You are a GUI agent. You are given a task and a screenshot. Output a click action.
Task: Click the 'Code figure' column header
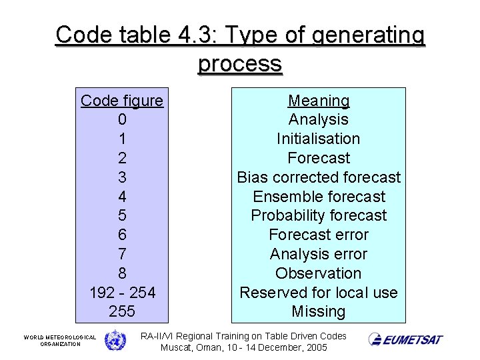click(121, 101)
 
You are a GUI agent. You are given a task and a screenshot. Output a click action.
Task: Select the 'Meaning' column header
click(319, 101)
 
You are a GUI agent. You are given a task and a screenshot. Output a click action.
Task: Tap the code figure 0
click(121, 120)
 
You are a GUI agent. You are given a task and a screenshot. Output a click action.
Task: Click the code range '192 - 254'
click(121, 293)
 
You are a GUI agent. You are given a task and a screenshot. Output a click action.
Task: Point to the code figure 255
click(121, 311)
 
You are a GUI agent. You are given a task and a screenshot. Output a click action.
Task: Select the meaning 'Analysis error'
click(319, 254)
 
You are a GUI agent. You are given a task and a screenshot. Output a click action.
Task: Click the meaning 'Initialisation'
click(319, 139)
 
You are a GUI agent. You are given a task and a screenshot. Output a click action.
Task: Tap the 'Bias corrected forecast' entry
click(319, 177)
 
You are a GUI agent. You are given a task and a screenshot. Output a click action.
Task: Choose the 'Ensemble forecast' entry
click(319, 197)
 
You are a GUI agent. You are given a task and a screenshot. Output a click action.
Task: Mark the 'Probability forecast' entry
click(319, 215)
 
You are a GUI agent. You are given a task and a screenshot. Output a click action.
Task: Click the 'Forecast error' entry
click(319, 235)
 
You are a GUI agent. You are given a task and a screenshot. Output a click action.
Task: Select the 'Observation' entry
click(319, 273)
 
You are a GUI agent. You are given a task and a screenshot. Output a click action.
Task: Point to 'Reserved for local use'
click(319, 293)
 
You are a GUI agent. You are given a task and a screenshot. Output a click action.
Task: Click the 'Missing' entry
click(319, 311)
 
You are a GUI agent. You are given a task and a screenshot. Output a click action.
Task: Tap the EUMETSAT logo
click(405, 339)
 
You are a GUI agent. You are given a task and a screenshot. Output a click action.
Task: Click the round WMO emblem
click(115, 340)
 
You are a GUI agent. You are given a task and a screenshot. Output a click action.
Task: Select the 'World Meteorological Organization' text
click(60, 341)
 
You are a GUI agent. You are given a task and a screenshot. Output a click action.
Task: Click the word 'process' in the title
click(240, 64)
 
